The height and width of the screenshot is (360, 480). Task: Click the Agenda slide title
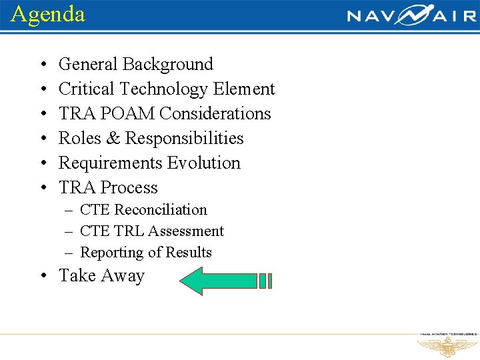[x=48, y=14]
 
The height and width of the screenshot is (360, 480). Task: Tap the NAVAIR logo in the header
[x=411, y=15]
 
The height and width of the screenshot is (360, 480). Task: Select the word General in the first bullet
[x=88, y=65]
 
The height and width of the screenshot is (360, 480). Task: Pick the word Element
[x=244, y=89]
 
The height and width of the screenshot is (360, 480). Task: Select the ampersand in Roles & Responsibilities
[x=113, y=139]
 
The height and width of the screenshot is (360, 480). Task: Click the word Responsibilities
[x=185, y=139]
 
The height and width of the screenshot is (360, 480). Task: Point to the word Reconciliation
[x=161, y=210]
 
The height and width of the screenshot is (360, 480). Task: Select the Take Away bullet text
[x=101, y=276]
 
